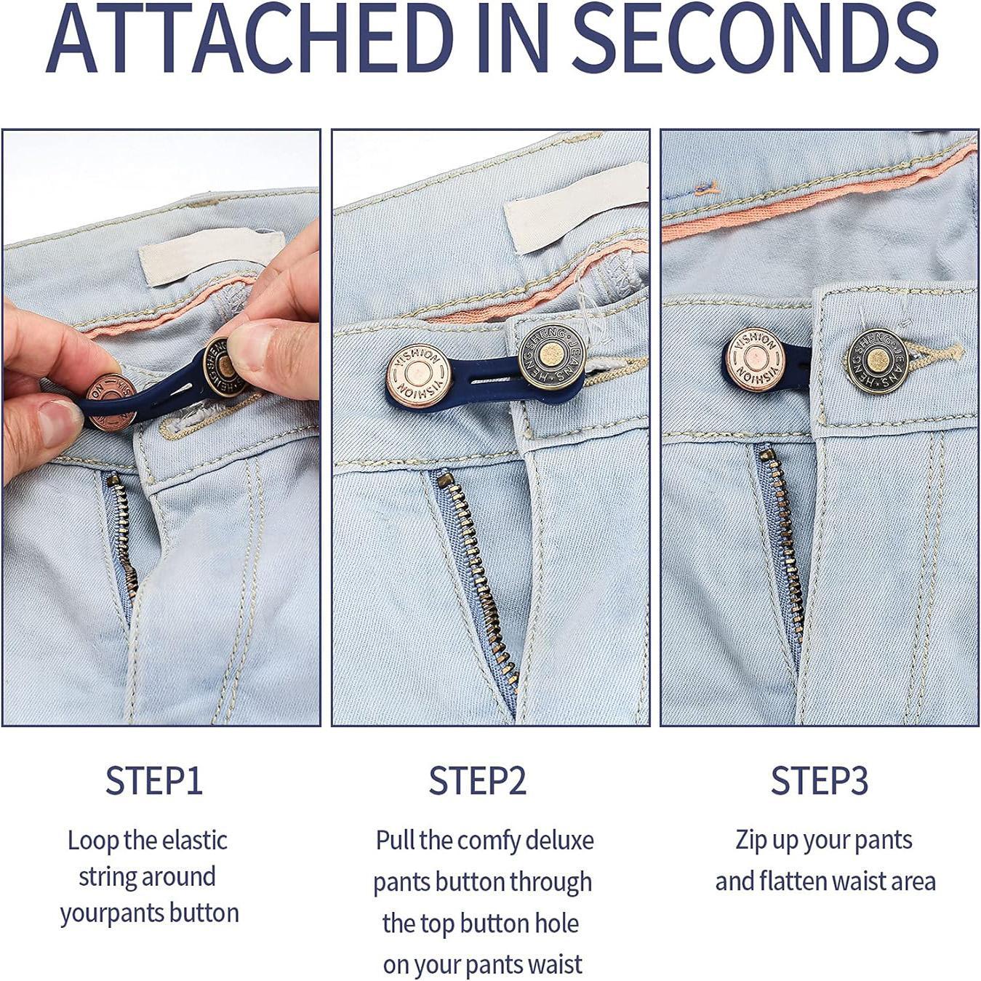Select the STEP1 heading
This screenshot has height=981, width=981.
[153, 781]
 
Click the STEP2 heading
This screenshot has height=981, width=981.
[477, 781]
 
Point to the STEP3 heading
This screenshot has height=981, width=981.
[820, 781]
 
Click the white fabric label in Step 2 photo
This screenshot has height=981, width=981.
[574, 207]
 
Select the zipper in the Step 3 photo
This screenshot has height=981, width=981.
[782, 531]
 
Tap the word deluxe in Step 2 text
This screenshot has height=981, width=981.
[559, 841]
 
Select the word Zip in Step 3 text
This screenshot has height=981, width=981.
[751, 841]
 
